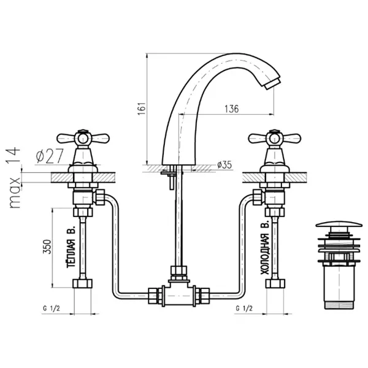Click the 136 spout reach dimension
point(232,109)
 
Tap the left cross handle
point(82,139)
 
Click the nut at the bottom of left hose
point(82,284)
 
